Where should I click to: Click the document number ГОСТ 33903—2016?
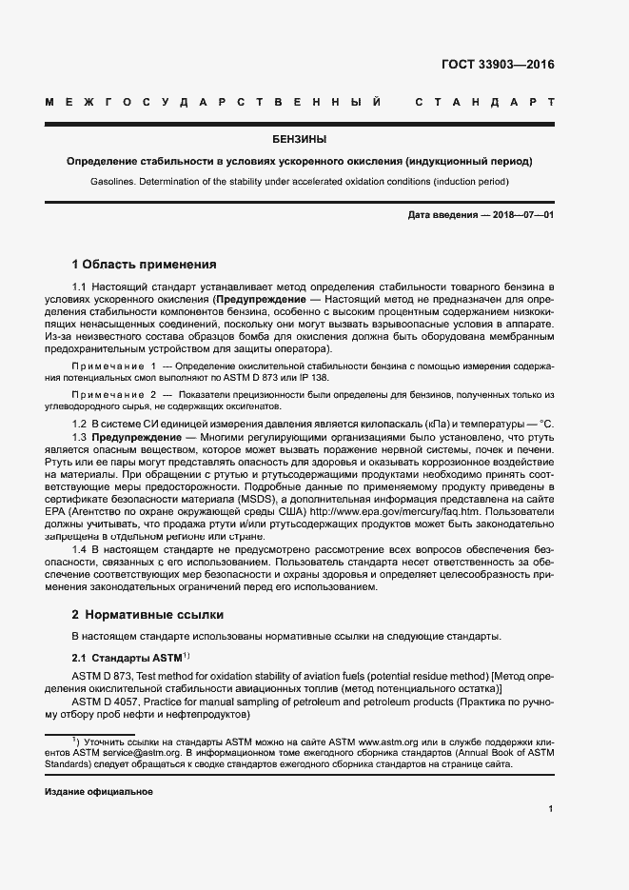click(x=497, y=66)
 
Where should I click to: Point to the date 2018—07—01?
click(x=517, y=215)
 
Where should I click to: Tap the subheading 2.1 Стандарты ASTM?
click(x=128, y=658)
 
